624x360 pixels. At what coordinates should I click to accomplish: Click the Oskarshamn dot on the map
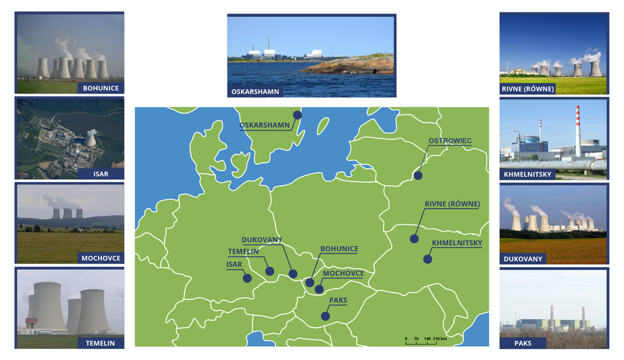pos(297,115)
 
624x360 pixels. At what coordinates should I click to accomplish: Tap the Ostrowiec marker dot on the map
pos(418,175)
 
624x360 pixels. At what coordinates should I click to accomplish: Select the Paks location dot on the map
pos(325,316)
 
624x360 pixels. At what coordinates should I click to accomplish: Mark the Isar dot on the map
pos(247,278)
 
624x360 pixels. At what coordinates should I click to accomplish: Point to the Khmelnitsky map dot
pos(427,259)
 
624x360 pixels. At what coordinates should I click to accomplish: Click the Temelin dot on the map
pos(270,271)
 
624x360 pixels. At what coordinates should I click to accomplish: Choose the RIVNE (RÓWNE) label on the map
pos(452,204)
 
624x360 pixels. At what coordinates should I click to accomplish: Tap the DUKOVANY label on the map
pos(262,240)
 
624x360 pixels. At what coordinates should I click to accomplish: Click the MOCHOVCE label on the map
pos(343,273)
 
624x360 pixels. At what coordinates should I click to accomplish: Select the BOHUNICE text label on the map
pos(339,249)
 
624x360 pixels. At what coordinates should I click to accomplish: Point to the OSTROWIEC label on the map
pos(450,140)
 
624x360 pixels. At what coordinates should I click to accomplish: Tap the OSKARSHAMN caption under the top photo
pos(255,92)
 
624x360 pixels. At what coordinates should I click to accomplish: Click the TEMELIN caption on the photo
pos(100,342)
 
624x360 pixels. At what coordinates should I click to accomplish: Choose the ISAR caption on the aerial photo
pos(100,174)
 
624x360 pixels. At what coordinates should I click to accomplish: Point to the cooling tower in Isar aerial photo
pos(91,139)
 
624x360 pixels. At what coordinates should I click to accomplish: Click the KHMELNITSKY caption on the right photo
pos(528,175)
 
